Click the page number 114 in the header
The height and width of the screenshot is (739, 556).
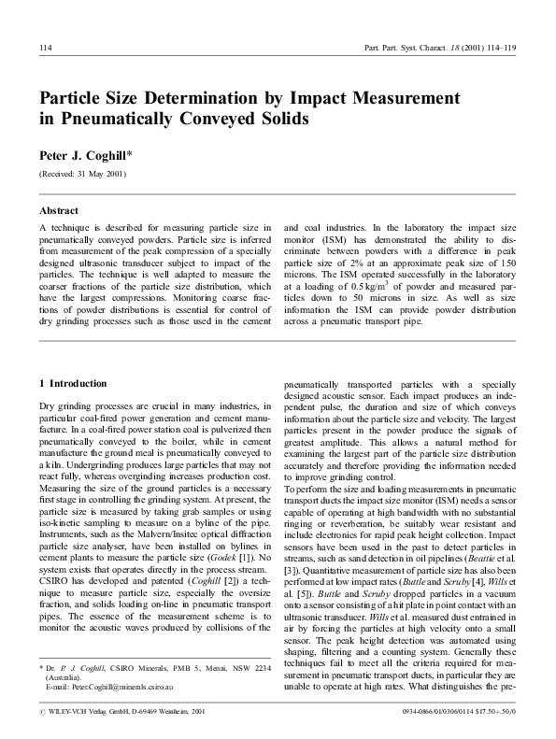45,48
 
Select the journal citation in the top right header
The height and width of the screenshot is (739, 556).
453,48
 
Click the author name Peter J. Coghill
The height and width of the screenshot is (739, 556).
85,154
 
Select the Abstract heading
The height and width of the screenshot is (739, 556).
59,211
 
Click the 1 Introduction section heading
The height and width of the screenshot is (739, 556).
73,383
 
